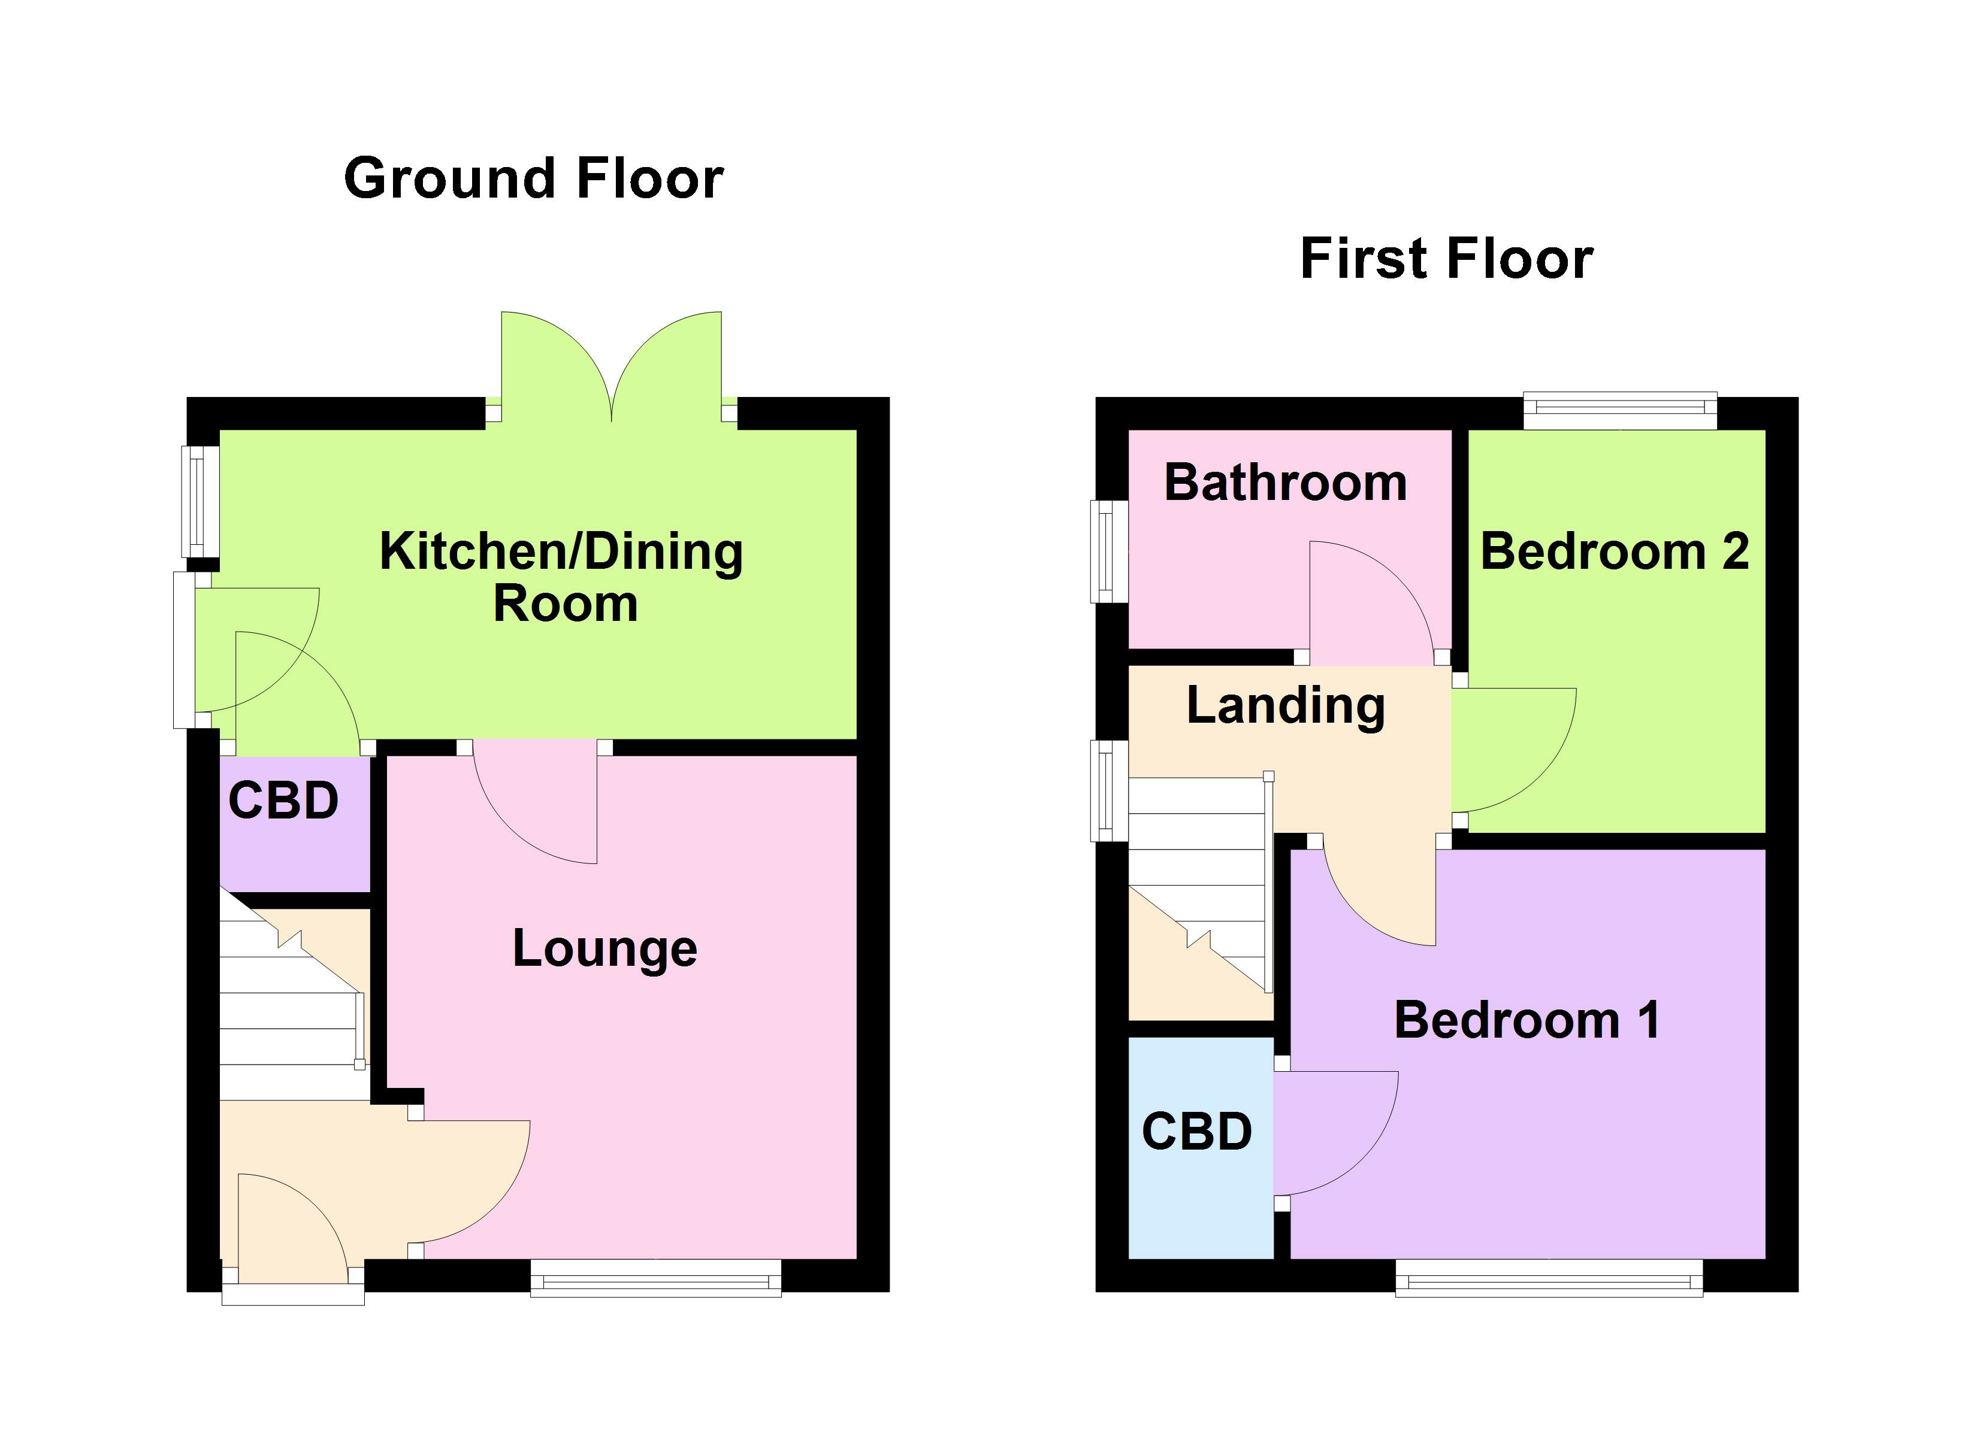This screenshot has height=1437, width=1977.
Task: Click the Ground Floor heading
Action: [533, 178]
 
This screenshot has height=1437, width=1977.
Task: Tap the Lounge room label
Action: [605, 948]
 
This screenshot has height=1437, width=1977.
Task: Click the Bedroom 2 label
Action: [1615, 551]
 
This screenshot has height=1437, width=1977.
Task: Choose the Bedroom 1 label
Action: [1526, 1020]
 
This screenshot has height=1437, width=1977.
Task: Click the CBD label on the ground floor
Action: [283, 800]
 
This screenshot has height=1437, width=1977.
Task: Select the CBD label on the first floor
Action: [1197, 1131]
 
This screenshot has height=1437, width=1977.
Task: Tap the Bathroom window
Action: [1109, 551]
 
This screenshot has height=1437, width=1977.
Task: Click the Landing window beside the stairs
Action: [1109, 790]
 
